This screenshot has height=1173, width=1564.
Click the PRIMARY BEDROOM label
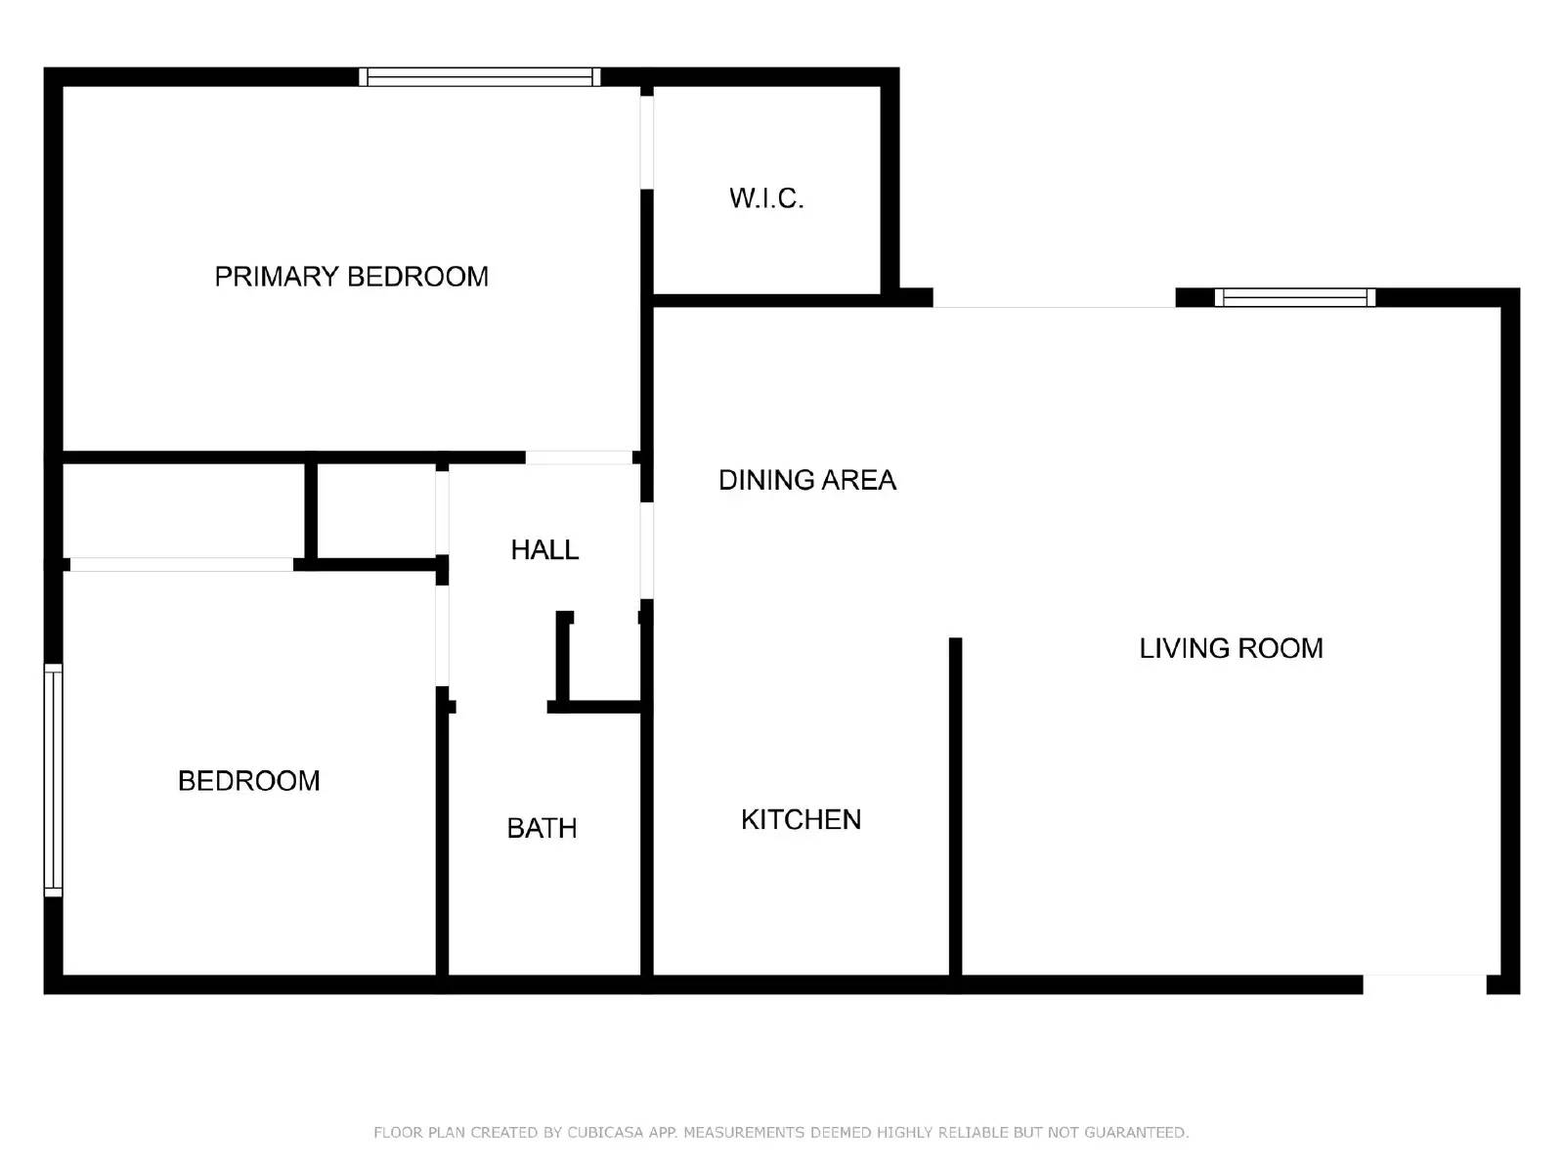point(351,277)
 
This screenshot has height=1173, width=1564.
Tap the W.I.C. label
point(766,198)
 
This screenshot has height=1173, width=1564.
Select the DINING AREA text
point(806,480)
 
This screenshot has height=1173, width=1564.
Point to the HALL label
point(544,549)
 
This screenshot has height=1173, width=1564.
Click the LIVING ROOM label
point(1231,648)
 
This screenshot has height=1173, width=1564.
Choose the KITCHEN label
point(801,819)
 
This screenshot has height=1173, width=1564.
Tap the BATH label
point(542,828)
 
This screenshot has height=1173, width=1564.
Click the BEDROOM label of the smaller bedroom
point(248,781)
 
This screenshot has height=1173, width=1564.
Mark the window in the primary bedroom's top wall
point(479,77)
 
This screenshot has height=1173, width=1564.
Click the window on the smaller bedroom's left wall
point(54,780)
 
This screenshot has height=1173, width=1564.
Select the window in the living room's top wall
point(1294,297)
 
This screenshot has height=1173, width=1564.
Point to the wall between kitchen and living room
point(955,806)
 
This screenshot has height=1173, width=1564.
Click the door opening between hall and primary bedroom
point(579,457)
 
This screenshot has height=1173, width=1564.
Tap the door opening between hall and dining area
point(646,549)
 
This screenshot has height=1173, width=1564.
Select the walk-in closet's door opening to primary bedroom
point(646,141)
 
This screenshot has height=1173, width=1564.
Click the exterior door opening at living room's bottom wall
point(1424,983)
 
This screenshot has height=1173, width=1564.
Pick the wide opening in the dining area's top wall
point(1054,299)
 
